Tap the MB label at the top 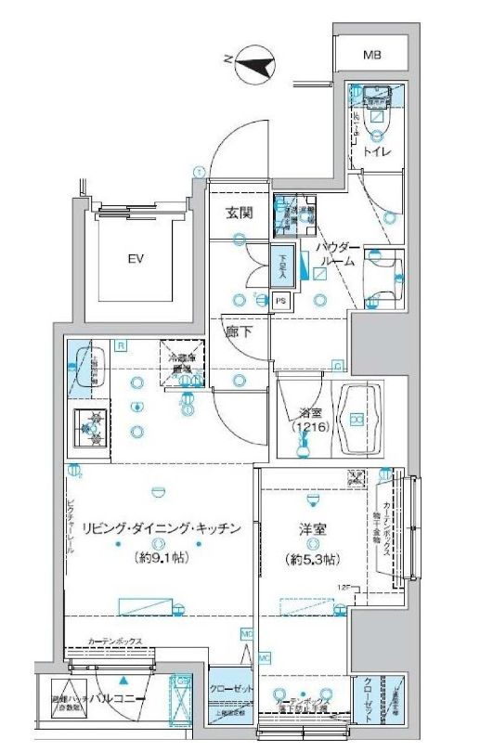click(372, 56)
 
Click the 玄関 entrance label click(240, 213)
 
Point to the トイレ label click(376, 150)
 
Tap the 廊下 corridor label click(238, 331)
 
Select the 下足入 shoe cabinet click(283, 267)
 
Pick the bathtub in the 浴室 click(358, 421)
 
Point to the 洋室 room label click(311, 528)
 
